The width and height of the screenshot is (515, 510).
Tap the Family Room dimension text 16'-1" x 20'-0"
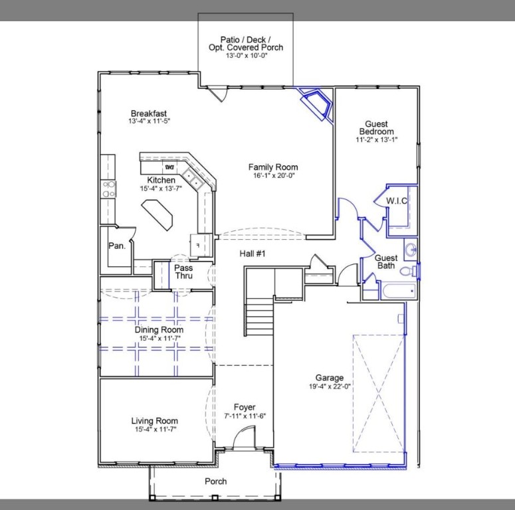pyautogui.click(x=272, y=176)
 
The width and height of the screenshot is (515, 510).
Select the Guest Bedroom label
pyautogui.click(x=376, y=127)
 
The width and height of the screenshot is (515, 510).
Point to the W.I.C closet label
pyautogui.click(x=396, y=201)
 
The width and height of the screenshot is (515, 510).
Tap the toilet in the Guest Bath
pyautogui.click(x=413, y=270)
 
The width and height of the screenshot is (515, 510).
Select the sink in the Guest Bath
pyautogui.click(x=410, y=250)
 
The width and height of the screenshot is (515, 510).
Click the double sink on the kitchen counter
pyautogui.click(x=193, y=179)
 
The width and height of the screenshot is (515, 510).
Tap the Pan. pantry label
pyautogui.click(x=117, y=246)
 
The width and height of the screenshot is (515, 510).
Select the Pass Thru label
pyautogui.click(x=183, y=272)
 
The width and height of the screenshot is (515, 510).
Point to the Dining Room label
pyautogui.click(x=159, y=330)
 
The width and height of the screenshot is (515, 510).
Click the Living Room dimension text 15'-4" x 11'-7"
pyautogui.click(x=154, y=429)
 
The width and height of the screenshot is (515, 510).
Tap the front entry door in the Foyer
pyautogui.click(x=245, y=438)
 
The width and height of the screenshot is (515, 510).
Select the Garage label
pyautogui.click(x=330, y=379)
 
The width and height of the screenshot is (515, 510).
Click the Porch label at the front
pyautogui.click(x=215, y=481)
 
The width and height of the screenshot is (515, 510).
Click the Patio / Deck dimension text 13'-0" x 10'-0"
pyautogui.click(x=246, y=56)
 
